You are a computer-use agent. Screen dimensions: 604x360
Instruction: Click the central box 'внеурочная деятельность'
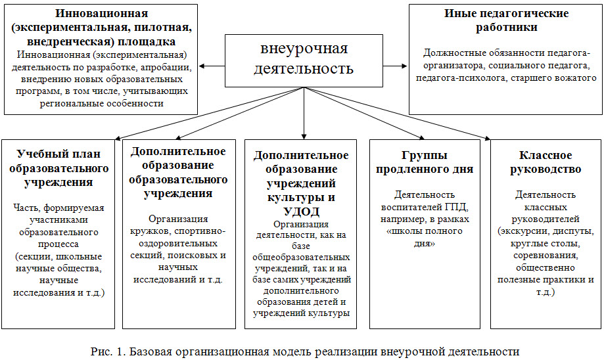[304, 60]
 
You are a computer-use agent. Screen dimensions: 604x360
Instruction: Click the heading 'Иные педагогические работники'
[506, 20]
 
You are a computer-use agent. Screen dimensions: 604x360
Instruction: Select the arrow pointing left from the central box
[212, 66]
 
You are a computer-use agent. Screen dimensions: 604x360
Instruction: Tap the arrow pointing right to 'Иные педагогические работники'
[395, 66]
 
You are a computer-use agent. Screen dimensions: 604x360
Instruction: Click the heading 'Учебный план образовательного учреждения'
[58, 168]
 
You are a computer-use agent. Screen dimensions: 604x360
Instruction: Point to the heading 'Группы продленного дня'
[425, 162]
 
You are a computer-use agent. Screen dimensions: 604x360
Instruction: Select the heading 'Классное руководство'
[546, 162]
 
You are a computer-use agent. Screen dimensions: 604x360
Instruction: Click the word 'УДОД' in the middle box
[301, 212]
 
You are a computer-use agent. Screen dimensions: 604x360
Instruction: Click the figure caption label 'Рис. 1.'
[108, 351]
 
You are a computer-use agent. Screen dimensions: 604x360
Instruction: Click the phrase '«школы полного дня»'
[425, 237]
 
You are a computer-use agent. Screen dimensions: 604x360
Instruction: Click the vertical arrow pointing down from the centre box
[304, 113]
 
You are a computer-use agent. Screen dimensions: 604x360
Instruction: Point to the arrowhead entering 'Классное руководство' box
[488, 138]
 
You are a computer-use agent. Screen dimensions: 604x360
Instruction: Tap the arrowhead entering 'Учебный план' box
[118, 138]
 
